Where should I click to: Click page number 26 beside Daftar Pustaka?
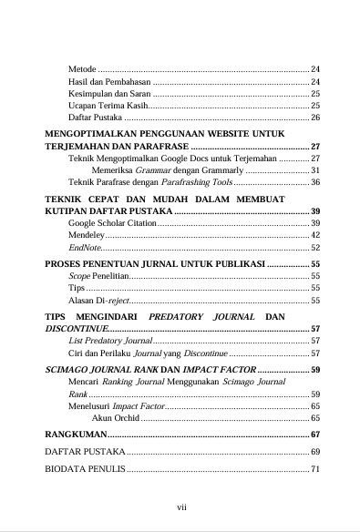(315, 118)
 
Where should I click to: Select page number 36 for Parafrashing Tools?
(315, 182)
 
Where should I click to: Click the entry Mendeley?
(87, 235)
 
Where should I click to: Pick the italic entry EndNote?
(84, 247)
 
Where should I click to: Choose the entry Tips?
(77, 287)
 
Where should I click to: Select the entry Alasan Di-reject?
(98, 299)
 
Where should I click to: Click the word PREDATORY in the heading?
(176, 316)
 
